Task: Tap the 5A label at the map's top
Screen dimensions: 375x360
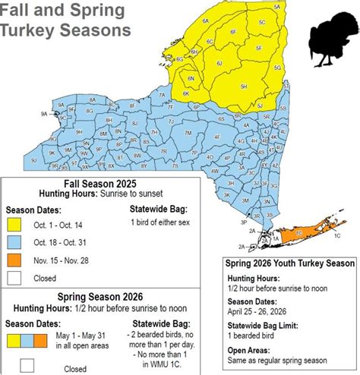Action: click(276, 6)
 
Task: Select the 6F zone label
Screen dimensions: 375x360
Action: click(232, 32)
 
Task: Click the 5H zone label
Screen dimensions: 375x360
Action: click(244, 87)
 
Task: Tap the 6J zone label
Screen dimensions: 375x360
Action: click(219, 63)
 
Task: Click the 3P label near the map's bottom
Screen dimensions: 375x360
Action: click(243, 222)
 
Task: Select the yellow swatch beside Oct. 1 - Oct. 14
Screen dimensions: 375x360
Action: click(15, 225)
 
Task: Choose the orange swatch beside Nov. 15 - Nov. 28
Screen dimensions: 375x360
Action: click(15, 260)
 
